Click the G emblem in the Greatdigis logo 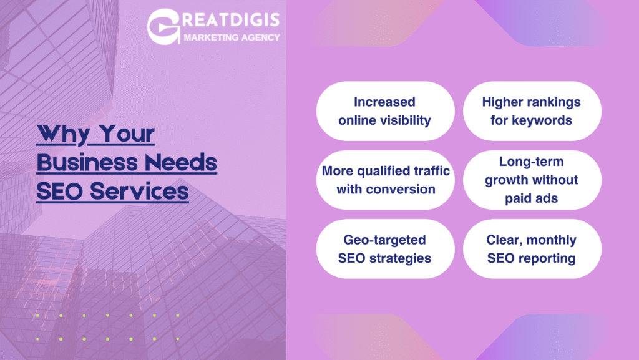[x=163, y=26]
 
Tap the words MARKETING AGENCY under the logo [x=232, y=37]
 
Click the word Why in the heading [x=62, y=134]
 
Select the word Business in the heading [x=87, y=162]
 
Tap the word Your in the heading [x=127, y=134]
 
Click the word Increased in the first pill [x=384, y=102]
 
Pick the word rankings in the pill [x=555, y=102]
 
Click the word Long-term [x=532, y=162]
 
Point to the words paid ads [x=532, y=198]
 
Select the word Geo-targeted [x=384, y=240]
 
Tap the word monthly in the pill [x=550, y=240]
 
